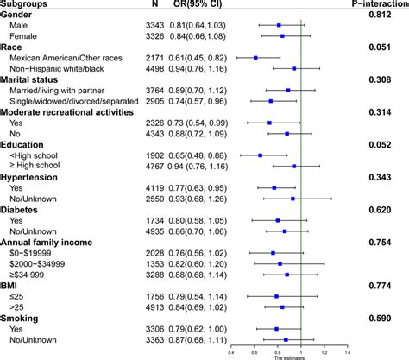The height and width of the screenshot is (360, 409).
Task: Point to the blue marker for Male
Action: (x=278, y=26)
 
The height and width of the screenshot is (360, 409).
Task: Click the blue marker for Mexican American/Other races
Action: (x=255, y=57)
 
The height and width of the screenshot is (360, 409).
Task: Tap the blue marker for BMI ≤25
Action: (x=276, y=295)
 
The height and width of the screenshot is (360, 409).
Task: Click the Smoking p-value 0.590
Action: (x=385, y=317)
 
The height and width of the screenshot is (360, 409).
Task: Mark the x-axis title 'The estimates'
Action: (x=289, y=356)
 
